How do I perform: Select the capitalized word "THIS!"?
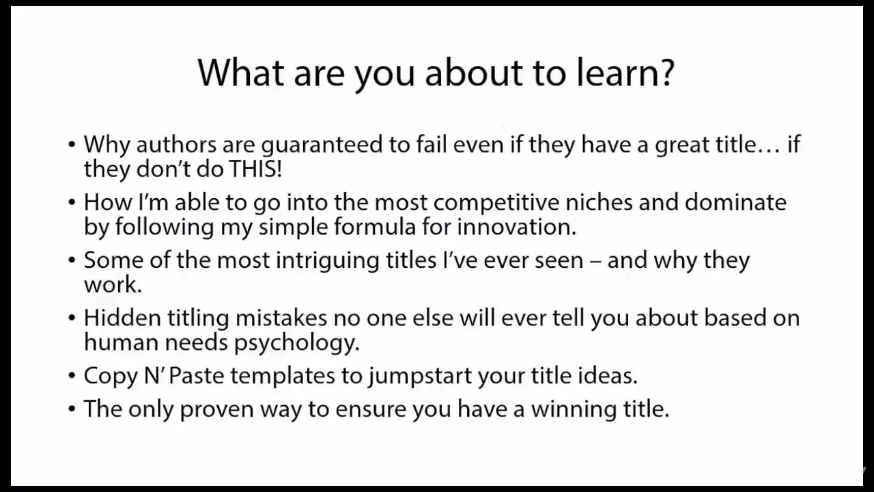[255, 169]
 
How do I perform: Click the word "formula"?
[375, 226]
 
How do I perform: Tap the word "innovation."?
[517, 227]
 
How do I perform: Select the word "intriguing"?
[327, 261]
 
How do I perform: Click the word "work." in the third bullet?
[113, 284]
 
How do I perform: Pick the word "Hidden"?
[122, 318]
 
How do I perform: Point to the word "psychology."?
[296, 343]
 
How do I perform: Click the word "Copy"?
[111, 377]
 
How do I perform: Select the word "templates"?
[283, 377]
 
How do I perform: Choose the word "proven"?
[216, 410]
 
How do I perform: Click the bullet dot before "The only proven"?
[72, 409]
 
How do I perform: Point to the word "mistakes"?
[281, 318]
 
